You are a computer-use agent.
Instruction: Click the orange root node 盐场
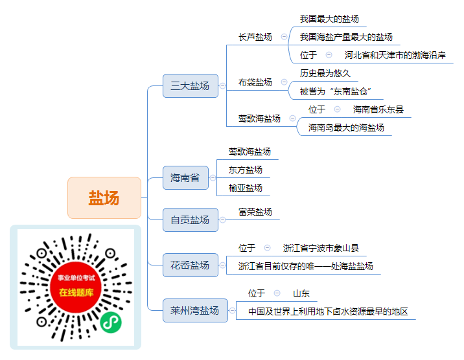tap(104, 197)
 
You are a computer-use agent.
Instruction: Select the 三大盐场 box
tap(191, 85)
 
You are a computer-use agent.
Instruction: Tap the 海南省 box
tap(185, 177)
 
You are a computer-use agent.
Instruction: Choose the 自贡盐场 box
tap(191, 219)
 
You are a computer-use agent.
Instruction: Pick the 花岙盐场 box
tap(191, 265)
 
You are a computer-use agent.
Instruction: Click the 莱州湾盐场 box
tap(195, 310)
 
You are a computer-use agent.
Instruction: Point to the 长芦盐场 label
tap(255, 37)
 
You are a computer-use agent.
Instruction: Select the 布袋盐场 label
tap(255, 82)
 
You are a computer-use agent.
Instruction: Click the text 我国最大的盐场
tap(329, 19)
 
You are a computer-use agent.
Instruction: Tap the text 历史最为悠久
tap(325, 73)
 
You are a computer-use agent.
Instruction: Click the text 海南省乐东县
tap(378, 109)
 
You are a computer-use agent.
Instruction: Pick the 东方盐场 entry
tap(246, 170)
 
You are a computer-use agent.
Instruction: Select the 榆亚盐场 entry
tap(246, 188)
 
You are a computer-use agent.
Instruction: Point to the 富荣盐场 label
tap(255, 212)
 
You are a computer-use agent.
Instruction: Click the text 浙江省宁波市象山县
tap(321, 248)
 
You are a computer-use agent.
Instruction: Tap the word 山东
tap(301, 293)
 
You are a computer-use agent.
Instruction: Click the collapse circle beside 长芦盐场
tap(284, 37)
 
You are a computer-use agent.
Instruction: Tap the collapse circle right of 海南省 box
tap(213, 177)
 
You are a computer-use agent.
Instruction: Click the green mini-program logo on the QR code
tap(111, 322)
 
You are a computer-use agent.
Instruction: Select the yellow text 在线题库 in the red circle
tap(76, 292)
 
